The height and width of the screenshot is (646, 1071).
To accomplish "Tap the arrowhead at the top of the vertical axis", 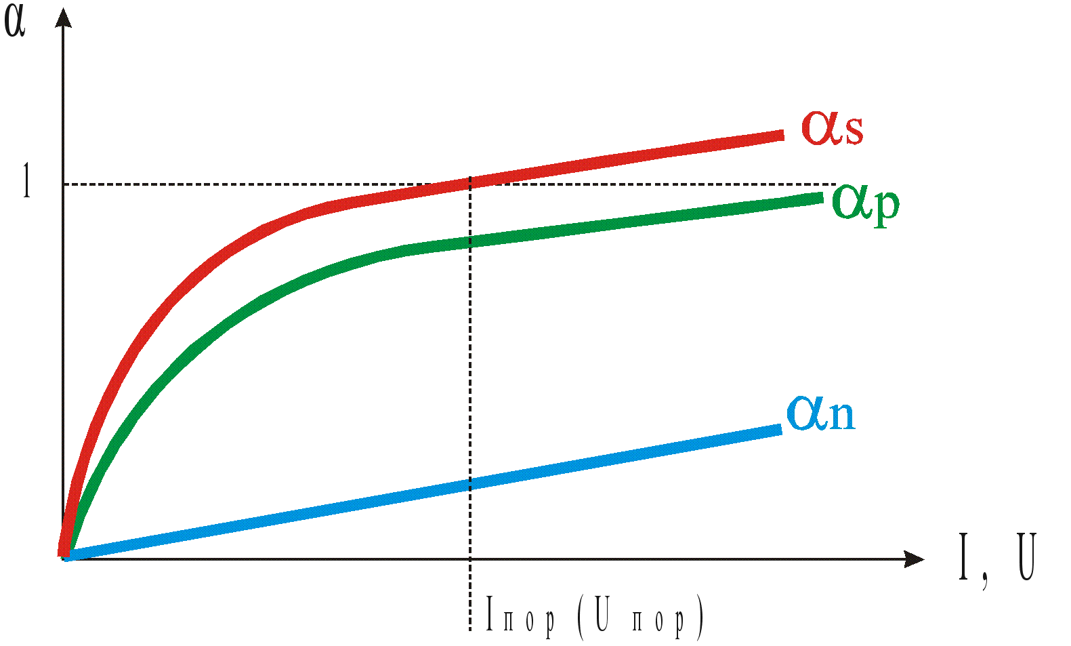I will [63, 17].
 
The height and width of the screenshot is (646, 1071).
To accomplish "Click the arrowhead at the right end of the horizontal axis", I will [915, 559].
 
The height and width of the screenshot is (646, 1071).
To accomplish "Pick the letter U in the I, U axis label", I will [1026, 557].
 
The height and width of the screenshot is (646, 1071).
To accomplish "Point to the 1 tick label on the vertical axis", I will [26, 182].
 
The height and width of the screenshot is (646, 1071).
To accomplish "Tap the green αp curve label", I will [866, 203].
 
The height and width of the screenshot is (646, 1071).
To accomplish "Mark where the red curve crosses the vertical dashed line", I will [470, 182].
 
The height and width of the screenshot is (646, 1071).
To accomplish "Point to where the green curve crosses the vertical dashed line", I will [470, 242].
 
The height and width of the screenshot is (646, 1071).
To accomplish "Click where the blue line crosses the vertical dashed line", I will [470, 483].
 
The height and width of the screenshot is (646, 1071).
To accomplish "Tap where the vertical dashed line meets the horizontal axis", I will [470, 559].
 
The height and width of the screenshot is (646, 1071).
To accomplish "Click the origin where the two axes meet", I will [63, 559].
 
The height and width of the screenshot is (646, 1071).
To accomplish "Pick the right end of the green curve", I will [820, 197].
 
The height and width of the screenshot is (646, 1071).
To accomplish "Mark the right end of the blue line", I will [779, 428].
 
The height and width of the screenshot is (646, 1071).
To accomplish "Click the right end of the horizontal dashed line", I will [835, 184].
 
